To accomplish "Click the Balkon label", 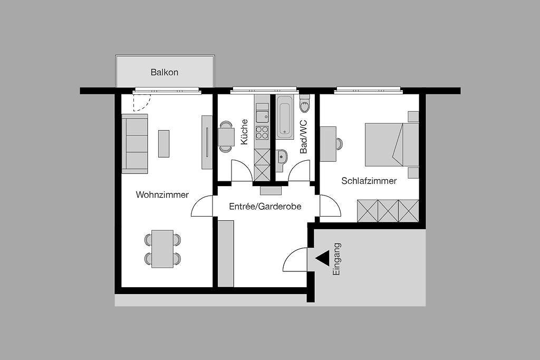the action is [x=165, y=72].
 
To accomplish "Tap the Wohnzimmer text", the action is [x=162, y=195].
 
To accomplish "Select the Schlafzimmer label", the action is [x=369, y=181].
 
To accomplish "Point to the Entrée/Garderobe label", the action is [x=265, y=207].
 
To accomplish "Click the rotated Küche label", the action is [x=244, y=132].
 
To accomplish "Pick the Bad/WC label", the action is [x=303, y=137].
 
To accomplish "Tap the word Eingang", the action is [x=336, y=259].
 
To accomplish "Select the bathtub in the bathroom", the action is [x=285, y=116].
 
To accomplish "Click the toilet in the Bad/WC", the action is [x=305, y=104].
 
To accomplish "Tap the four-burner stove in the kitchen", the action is [x=262, y=132].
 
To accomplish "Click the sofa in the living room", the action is [x=134, y=144].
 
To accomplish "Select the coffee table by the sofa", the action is [x=163, y=143].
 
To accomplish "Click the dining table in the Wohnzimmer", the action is [x=162, y=249].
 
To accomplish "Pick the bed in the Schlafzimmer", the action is [x=392, y=144].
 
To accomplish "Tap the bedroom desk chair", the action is [x=339, y=144].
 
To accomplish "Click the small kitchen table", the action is [x=226, y=137].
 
